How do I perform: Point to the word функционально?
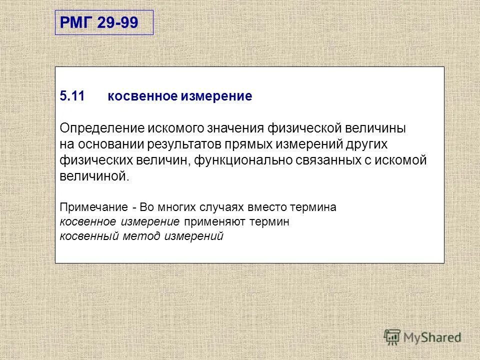(244, 160)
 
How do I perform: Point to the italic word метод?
(138, 236)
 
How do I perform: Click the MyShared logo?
(422, 337)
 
